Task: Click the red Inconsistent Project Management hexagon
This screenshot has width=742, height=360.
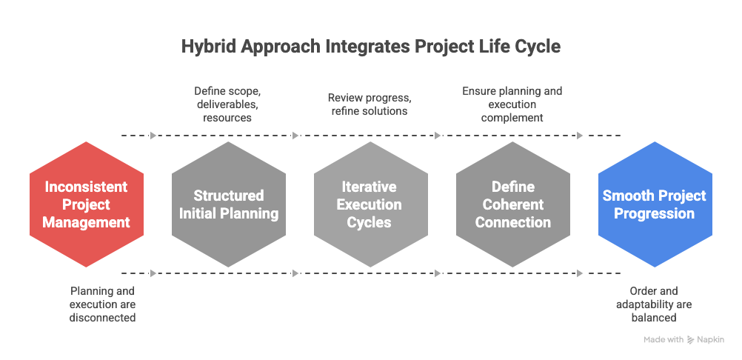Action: pos(86,204)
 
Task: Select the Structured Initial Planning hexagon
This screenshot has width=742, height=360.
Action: pos(228,204)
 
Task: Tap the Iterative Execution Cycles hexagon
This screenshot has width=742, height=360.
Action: pos(370,204)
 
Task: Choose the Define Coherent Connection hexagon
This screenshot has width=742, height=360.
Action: pos(512,204)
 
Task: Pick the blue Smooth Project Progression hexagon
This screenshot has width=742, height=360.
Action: pos(655,204)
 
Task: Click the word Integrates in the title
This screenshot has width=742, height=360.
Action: pos(365,47)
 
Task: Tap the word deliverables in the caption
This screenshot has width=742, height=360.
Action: pos(228,104)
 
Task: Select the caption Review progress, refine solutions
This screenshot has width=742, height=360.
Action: pos(370,104)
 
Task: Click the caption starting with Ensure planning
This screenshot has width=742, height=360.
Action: pos(512,104)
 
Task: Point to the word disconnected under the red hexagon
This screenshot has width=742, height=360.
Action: pos(103,318)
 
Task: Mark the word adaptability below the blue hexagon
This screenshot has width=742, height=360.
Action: pos(654,304)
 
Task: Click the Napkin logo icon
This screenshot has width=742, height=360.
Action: pos(691,340)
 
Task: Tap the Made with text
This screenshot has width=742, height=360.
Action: pos(664,340)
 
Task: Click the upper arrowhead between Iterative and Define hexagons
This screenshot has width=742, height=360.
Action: pos(438,136)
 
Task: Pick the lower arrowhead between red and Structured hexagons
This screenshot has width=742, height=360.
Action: pos(153,273)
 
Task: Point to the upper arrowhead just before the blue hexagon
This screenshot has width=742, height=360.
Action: pos(580,136)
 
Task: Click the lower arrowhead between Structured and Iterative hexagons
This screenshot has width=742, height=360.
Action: pos(295,273)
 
